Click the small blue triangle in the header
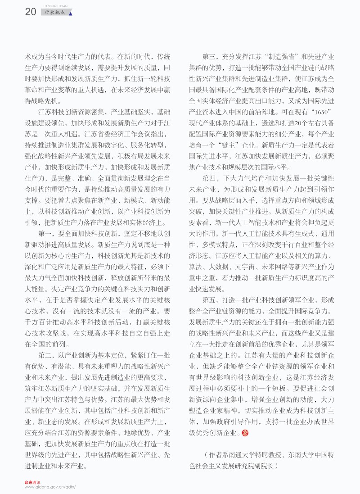tap(70, 14)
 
